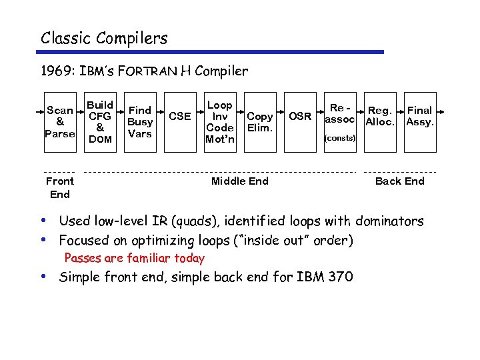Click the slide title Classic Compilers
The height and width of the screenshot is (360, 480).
[x=104, y=38]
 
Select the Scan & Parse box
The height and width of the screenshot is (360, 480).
[x=60, y=122]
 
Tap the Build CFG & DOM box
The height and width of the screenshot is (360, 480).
[x=100, y=122]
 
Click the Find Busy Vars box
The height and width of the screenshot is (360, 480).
[x=140, y=122]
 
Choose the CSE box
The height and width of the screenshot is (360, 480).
[x=180, y=117]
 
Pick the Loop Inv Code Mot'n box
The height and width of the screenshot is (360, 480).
[x=220, y=122]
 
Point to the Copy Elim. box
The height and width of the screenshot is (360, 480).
[x=260, y=122]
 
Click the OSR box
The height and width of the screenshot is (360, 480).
[x=300, y=117]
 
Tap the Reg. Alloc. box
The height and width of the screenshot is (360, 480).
[x=380, y=117]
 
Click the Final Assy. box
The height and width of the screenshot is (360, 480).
[x=420, y=117]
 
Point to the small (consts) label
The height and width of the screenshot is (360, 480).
[x=340, y=139]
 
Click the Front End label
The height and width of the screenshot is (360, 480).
[x=60, y=187]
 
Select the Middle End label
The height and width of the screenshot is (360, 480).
[x=239, y=181]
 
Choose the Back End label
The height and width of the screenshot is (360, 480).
[x=399, y=181]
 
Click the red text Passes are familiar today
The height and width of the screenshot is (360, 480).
[x=134, y=258]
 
